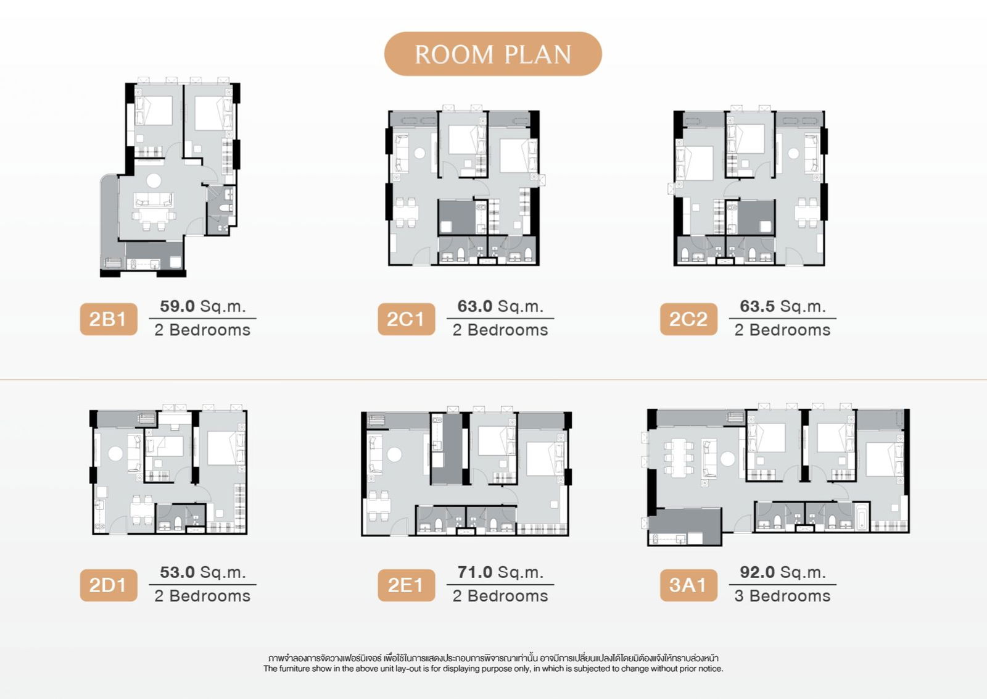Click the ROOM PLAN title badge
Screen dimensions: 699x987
493,54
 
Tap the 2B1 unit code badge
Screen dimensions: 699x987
108,319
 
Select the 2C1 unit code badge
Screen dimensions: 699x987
406,319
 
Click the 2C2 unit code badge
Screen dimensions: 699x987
688,319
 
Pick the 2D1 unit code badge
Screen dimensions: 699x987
108,585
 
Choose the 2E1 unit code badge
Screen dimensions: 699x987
406,585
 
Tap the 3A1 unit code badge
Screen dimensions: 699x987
688,585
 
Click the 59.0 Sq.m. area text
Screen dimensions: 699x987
202,306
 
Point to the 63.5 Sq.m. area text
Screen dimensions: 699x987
782,306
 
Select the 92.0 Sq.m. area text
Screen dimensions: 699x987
782,572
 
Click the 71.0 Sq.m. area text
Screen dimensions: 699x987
500,572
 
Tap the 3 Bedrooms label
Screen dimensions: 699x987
782,596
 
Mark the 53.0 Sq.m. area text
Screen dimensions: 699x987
202,572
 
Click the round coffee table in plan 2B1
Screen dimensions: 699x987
154,181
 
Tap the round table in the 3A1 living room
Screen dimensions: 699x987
728,459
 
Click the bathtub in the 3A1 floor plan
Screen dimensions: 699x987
862,517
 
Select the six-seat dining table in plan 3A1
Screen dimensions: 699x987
679,458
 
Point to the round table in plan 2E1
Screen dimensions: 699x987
394,454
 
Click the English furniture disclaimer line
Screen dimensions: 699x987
493,669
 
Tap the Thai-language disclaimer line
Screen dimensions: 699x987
493,658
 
